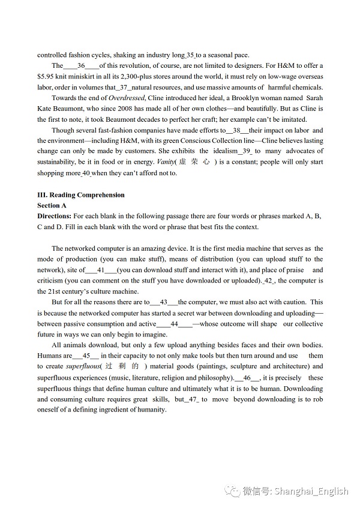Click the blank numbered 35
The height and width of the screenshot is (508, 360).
coord(191,55)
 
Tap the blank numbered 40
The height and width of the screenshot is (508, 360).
coord(86,173)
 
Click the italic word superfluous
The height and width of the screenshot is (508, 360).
coord(83,366)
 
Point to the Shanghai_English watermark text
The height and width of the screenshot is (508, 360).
coord(312,491)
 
